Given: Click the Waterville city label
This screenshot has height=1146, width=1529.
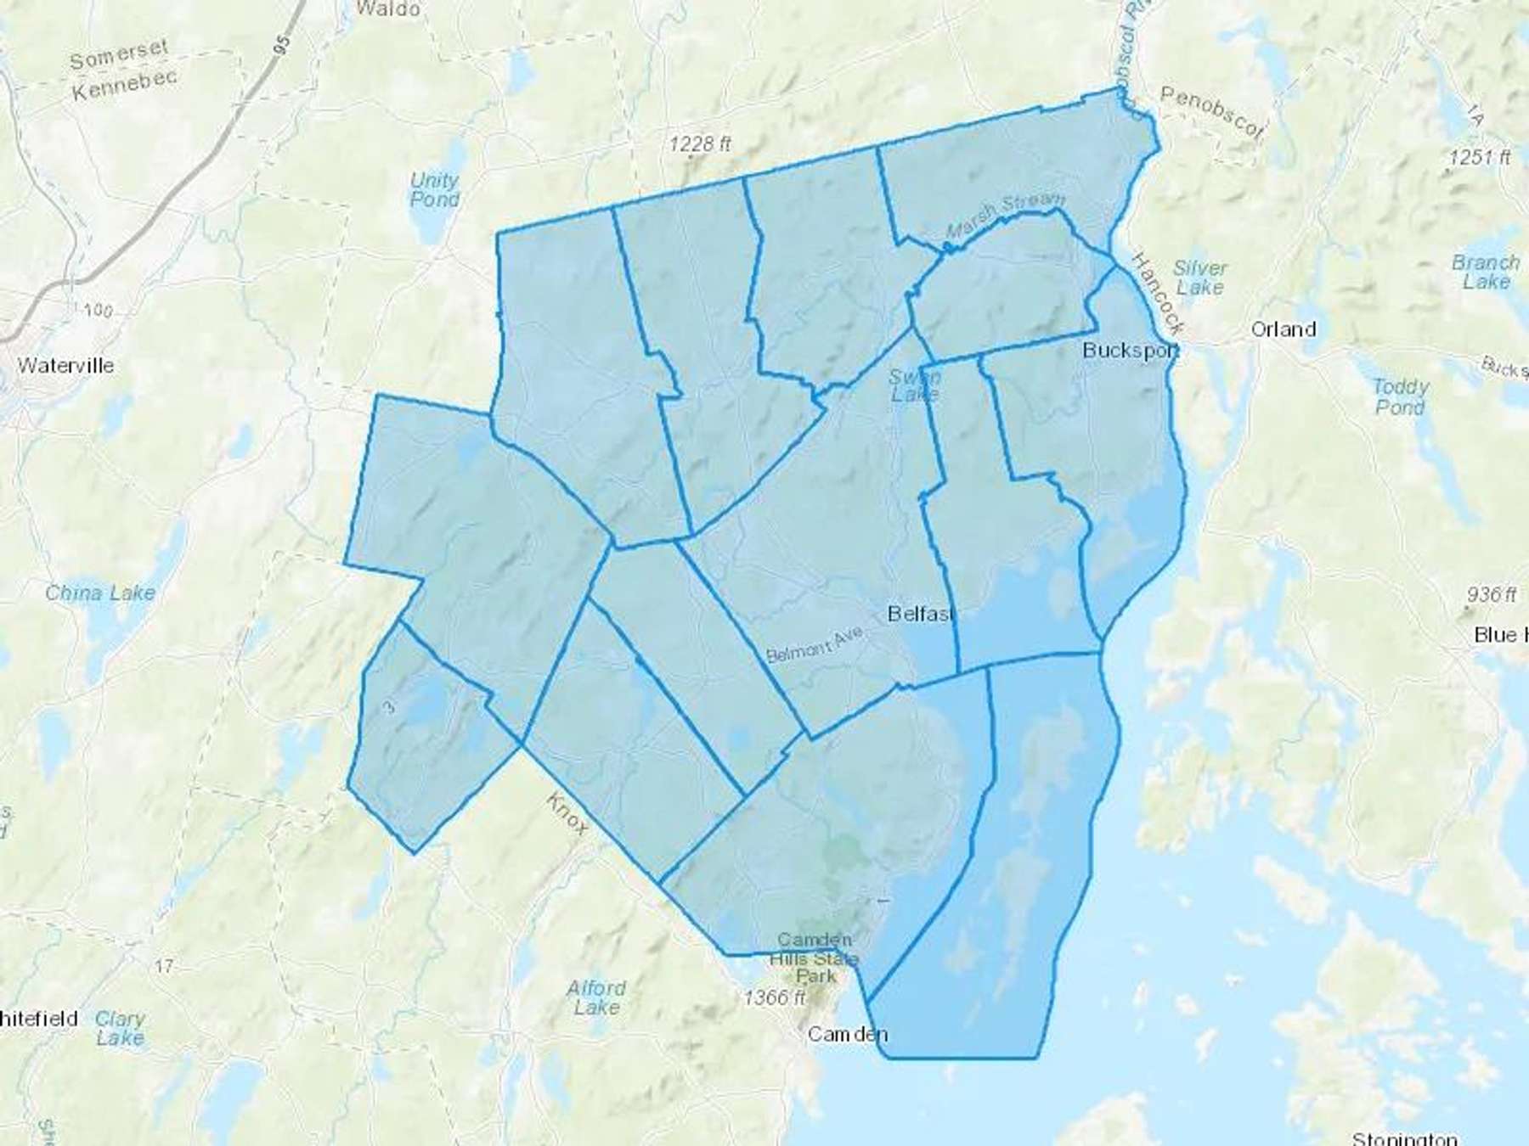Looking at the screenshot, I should pos(65,366).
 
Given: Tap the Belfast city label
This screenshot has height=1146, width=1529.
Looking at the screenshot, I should pos(921,614).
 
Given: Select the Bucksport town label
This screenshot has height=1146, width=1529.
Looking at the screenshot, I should pos(1130,350).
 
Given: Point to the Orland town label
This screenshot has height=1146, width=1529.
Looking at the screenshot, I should pos(1284,329).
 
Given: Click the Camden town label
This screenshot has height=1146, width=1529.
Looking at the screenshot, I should pos(847,1034).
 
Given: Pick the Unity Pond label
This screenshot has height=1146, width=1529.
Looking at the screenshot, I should pos(434,190).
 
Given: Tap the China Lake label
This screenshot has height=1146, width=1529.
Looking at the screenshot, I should pos(100,593).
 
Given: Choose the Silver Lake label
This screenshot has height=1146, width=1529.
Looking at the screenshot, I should pos(1199,278).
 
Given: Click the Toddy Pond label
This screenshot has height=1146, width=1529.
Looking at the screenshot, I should pos(1401,396).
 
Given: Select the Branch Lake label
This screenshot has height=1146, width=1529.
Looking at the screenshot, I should pos(1485,272).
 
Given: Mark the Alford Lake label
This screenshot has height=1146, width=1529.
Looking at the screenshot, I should pos(596,997).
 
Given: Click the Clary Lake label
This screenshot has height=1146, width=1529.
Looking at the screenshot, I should pos(120,1027).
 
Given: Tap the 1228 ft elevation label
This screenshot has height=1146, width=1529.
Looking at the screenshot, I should pos(699,144).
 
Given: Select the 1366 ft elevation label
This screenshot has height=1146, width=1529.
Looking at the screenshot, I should pos(774,998).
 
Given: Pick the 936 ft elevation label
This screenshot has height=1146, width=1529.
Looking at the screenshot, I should pos(1492,594).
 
